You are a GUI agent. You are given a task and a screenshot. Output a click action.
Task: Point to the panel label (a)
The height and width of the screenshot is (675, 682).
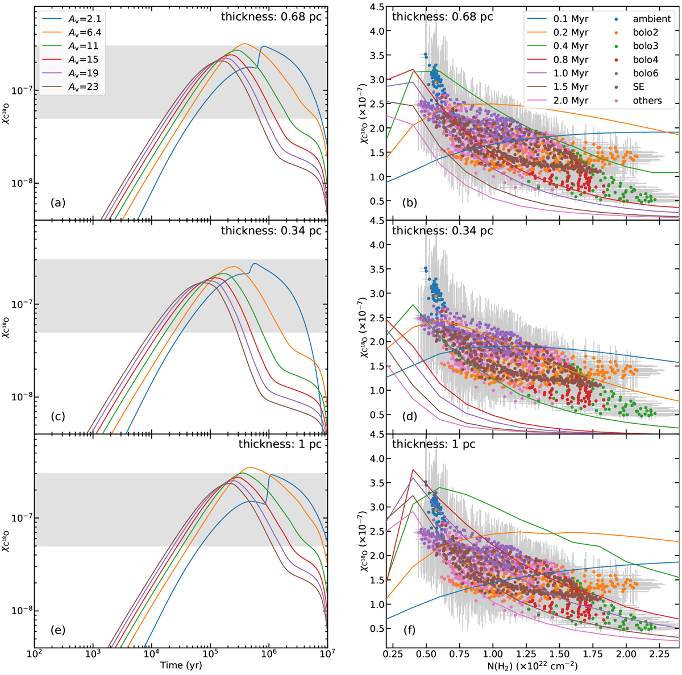click(x=58, y=202)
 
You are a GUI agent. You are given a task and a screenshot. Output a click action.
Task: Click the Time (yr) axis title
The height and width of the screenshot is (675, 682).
click(x=180, y=665)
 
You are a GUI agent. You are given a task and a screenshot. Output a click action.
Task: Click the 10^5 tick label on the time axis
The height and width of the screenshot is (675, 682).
click(x=210, y=653)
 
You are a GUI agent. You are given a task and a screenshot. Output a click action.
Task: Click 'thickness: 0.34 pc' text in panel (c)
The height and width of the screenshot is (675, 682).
click(x=271, y=230)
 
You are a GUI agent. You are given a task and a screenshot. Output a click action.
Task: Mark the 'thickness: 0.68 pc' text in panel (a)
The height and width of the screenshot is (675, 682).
click(x=271, y=16)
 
